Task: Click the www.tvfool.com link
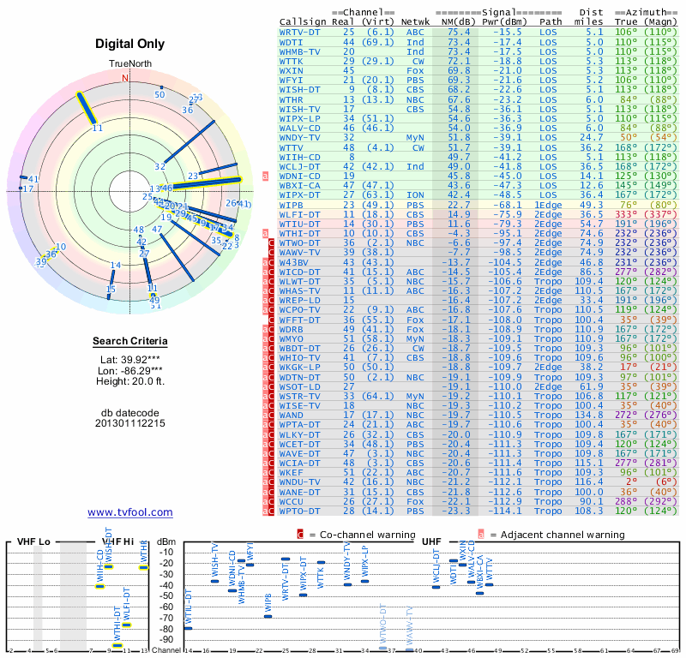click(129, 512)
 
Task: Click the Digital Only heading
click(129, 44)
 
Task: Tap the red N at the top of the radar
click(125, 78)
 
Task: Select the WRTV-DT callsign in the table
click(300, 32)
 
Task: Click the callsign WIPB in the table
click(292, 206)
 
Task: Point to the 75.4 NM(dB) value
click(459, 32)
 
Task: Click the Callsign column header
click(304, 21)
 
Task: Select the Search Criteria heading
click(129, 342)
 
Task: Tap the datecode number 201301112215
click(129, 422)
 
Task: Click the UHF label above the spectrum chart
click(431, 541)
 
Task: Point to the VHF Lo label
click(34, 541)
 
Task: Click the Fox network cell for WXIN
click(415, 69)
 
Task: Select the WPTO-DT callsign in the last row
click(300, 511)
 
